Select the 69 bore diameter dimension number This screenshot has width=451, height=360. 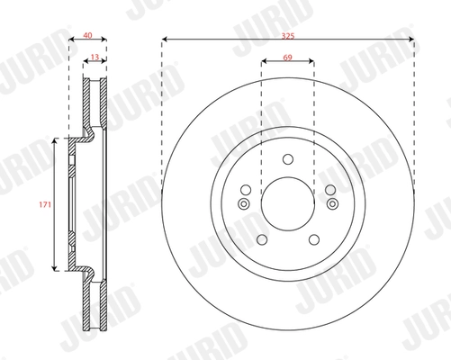coord(287,57)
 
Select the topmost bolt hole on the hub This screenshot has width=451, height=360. coord(287,160)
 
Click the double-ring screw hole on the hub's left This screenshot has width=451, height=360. coord(243,203)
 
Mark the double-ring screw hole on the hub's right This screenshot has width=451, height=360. coord(331,203)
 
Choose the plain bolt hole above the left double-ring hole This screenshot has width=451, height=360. coord(246,189)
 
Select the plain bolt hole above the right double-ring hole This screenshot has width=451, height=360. coord(329,189)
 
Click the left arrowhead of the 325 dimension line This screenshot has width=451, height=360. coord(166,40)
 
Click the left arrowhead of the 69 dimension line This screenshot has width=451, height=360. coord(263,63)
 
